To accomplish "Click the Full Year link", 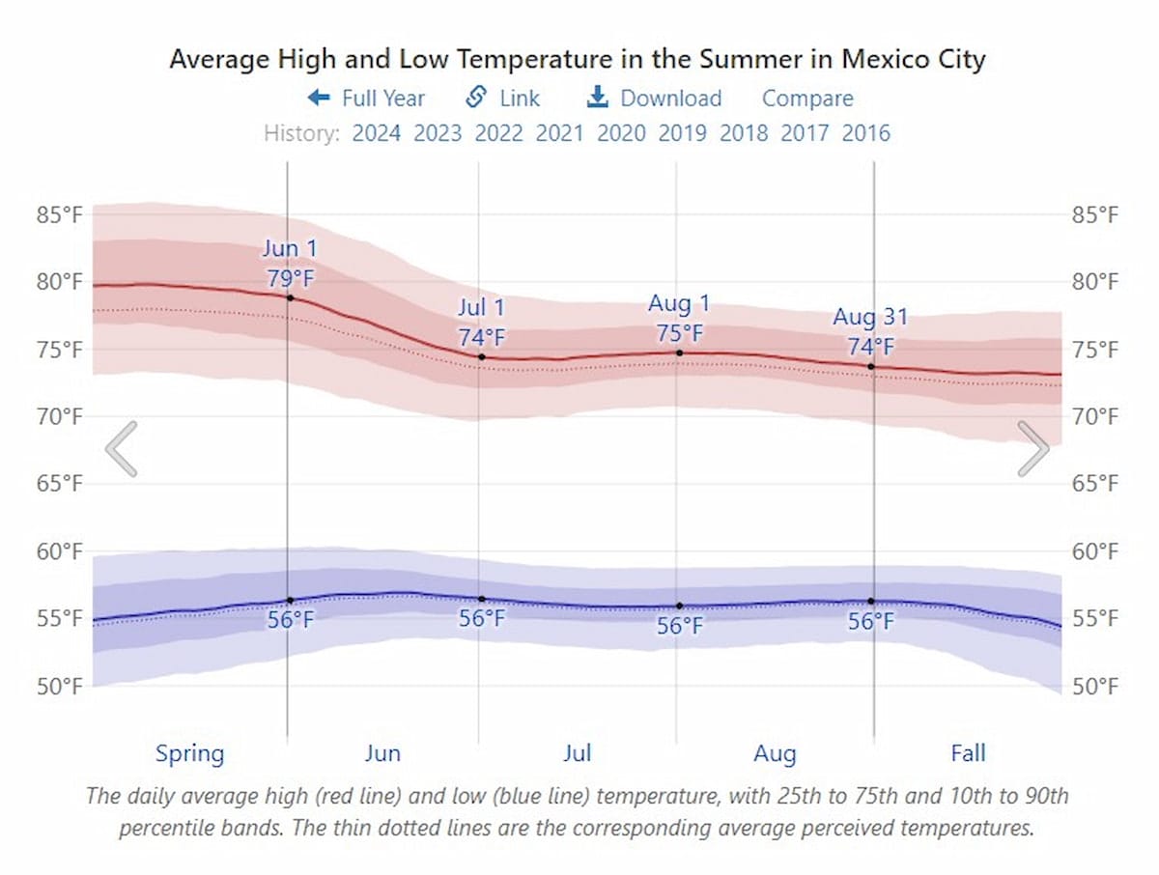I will point(366,99).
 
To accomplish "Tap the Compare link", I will point(807,99).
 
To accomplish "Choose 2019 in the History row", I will point(682,133).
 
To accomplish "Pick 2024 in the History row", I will point(376,133).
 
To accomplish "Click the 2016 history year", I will point(865,133).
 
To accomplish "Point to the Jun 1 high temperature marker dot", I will point(290,297).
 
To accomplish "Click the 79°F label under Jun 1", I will point(290,279).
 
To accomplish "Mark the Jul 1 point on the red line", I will point(481,356).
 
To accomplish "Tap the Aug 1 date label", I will point(679,304).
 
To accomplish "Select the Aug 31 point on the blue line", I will point(871,601).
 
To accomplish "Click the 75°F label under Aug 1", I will point(679,333).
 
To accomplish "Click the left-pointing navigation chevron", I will point(122,449).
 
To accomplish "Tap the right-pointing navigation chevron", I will point(1032,449).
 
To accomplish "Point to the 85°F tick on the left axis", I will point(60,214).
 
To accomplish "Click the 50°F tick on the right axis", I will point(1095,687).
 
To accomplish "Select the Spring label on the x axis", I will point(189,753).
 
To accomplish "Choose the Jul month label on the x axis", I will point(578,753).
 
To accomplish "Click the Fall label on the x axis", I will point(968,752).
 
